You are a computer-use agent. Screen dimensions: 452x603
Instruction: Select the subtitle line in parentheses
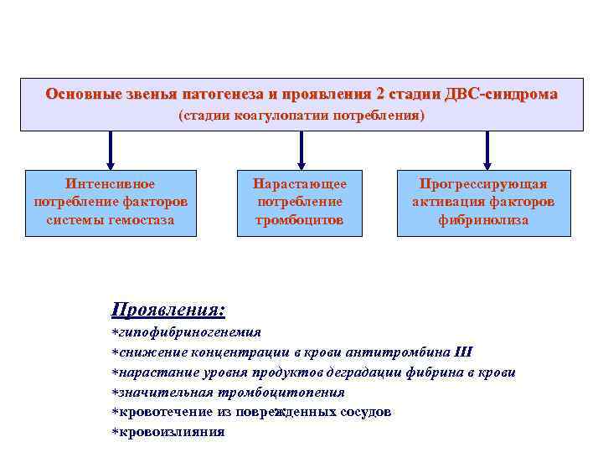301,115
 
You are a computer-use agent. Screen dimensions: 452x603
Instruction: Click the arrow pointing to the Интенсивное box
110,151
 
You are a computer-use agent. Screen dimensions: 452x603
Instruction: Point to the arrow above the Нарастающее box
301,151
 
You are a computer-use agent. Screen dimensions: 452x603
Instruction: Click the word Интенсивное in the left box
110,184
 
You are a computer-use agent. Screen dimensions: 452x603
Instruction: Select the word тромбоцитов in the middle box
301,220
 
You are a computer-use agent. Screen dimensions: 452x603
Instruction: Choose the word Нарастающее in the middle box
301,184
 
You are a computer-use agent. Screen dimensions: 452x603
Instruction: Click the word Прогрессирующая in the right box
483,184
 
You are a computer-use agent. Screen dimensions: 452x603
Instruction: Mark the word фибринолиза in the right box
483,220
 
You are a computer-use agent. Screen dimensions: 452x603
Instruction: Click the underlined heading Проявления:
168,310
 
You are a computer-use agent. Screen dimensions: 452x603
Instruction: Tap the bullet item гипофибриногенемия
189,332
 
